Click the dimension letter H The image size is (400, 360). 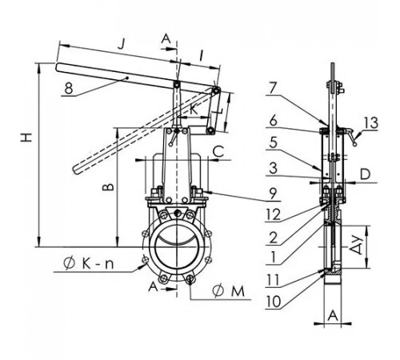pos(26,138)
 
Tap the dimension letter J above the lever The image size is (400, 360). pos(122,44)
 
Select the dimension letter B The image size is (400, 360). pos(108,187)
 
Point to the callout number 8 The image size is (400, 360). pos(69,88)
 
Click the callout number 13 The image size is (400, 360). pos(371,123)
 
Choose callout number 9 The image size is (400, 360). pos(273,194)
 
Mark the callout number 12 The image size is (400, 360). pos(273,215)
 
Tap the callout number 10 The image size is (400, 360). pos(273,302)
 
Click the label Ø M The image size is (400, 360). pos(229,291)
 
